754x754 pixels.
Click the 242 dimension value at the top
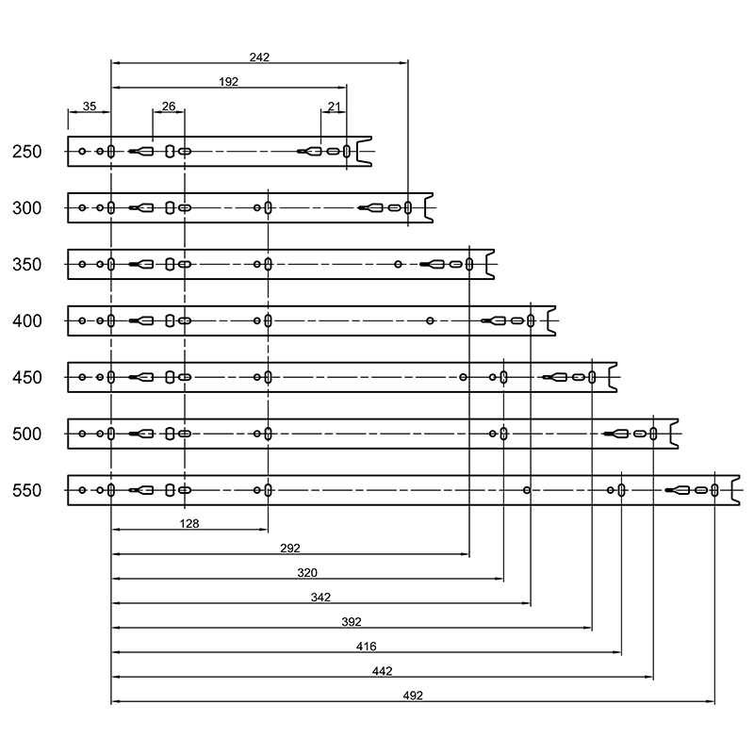pyautogui.click(x=259, y=57)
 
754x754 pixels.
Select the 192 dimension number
pyautogui.click(x=228, y=82)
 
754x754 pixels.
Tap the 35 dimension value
pyautogui.click(x=90, y=106)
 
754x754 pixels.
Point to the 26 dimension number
pyautogui.click(x=169, y=106)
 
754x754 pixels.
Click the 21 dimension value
pyautogui.click(x=335, y=106)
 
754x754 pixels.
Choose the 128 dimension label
pyautogui.click(x=189, y=524)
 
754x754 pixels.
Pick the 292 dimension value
pyautogui.click(x=290, y=549)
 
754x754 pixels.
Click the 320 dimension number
pyautogui.click(x=307, y=573)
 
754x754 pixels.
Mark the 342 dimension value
pyautogui.click(x=320, y=598)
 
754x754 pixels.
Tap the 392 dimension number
pyautogui.click(x=352, y=622)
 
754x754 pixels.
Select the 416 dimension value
pyautogui.click(x=367, y=647)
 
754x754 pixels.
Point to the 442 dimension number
pyautogui.click(x=383, y=671)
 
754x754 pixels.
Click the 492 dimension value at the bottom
pyautogui.click(x=413, y=696)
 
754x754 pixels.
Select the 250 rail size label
pyautogui.click(x=27, y=152)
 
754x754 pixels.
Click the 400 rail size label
pyautogui.click(x=27, y=321)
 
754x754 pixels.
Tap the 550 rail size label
pyautogui.click(x=27, y=490)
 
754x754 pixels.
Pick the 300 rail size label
pyautogui.click(x=27, y=208)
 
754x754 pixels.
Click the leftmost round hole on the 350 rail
pyautogui.click(x=82, y=265)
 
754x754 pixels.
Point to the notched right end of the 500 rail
pyautogui.click(x=670, y=434)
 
